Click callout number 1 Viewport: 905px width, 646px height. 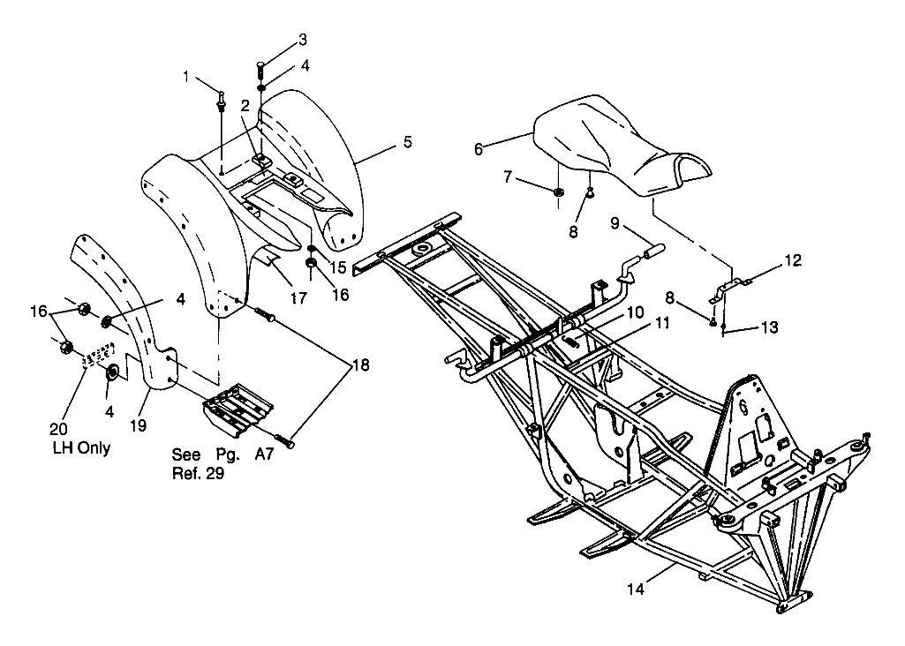point(186,77)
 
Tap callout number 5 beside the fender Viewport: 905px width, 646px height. point(406,141)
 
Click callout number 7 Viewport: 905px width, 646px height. point(508,177)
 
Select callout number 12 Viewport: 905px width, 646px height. point(792,260)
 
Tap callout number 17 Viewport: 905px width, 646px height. point(298,298)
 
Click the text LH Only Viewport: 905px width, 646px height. point(82,448)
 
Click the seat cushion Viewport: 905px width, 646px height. point(618,150)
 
